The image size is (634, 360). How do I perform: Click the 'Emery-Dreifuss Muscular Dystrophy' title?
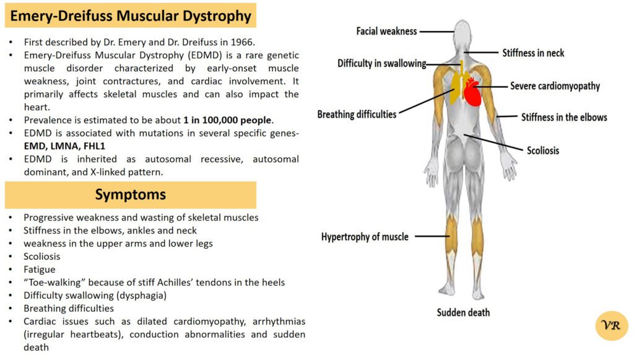click(131, 15)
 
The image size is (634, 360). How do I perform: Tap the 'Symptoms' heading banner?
click(131, 195)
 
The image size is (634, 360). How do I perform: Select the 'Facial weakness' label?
click(386, 31)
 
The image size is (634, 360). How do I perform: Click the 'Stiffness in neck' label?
click(533, 53)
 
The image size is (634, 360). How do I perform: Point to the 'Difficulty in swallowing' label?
click(381, 63)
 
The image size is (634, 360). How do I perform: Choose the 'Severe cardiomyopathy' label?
click(555, 86)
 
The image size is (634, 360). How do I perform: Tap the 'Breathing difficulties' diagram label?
click(357, 115)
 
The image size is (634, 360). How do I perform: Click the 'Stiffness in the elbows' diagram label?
click(564, 116)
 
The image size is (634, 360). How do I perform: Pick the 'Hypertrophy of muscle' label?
click(365, 237)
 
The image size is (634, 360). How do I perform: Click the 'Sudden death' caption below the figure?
click(463, 313)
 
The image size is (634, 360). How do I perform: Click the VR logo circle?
click(611, 326)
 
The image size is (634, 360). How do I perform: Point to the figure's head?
click(462, 32)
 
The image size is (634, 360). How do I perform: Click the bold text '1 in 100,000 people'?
click(228, 120)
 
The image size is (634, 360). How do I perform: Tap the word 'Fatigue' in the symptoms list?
click(40, 270)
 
